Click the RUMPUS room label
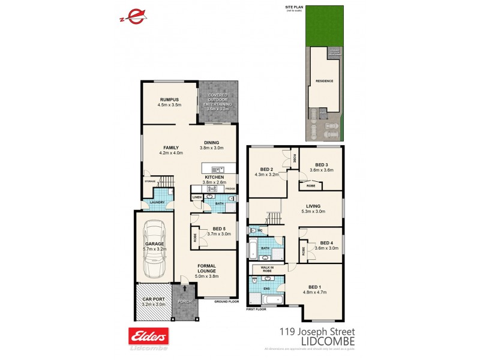tap(170, 99)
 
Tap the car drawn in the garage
tap(155, 249)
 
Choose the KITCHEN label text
tap(215, 178)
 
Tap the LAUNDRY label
tap(149, 202)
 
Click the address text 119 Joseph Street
tap(317, 331)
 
